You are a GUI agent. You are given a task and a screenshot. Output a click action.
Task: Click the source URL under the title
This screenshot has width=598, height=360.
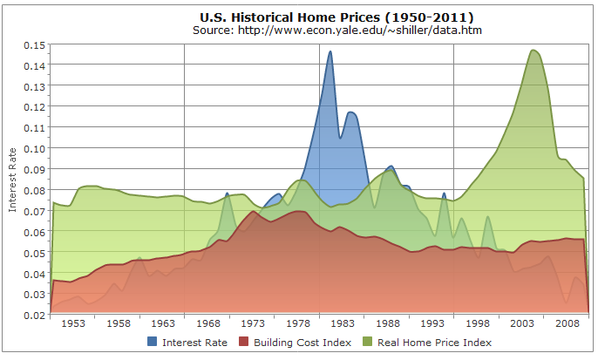[x=337, y=31]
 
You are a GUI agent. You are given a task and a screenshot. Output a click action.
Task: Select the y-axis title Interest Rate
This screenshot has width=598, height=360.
[x=12, y=179]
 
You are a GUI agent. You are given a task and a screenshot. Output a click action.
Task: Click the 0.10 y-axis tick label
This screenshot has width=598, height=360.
[x=33, y=148]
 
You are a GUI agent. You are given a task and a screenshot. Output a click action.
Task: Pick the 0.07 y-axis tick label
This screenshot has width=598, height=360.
[x=33, y=211]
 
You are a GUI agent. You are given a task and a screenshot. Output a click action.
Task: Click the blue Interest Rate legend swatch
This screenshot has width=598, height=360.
[x=153, y=343]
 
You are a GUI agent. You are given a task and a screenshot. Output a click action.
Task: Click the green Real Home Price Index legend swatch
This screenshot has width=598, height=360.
[x=367, y=343]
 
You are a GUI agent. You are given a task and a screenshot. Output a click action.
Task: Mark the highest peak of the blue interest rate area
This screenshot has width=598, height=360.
[x=330, y=51]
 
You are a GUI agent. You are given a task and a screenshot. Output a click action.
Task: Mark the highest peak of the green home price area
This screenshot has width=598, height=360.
[x=533, y=50]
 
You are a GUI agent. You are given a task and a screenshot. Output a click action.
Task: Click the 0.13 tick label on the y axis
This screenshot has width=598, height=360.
[x=33, y=85]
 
